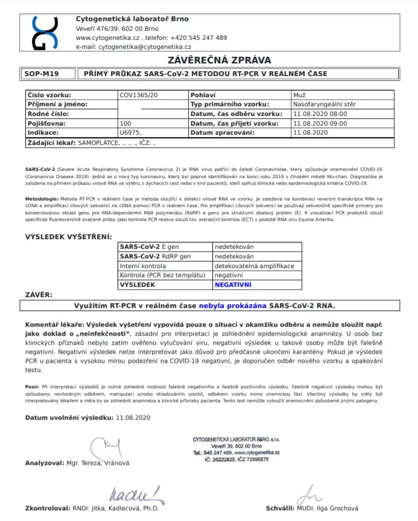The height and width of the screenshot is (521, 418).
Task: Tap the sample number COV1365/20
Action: point(139,95)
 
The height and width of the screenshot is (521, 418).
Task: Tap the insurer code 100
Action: point(125,123)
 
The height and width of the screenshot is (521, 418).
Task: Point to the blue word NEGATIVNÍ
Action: point(233,284)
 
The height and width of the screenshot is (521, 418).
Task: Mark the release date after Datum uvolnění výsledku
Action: point(133,417)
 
